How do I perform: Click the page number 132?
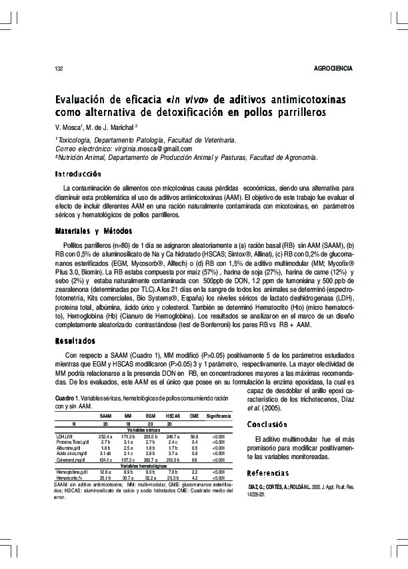pyautogui.click(x=59, y=69)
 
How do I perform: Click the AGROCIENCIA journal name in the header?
pyautogui.click(x=332, y=69)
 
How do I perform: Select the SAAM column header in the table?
pyautogui.click(x=105, y=415)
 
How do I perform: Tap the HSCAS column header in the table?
pyautogui.click(x=173, y=415)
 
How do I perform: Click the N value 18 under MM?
pyautogui.click(x=128, y=423)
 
